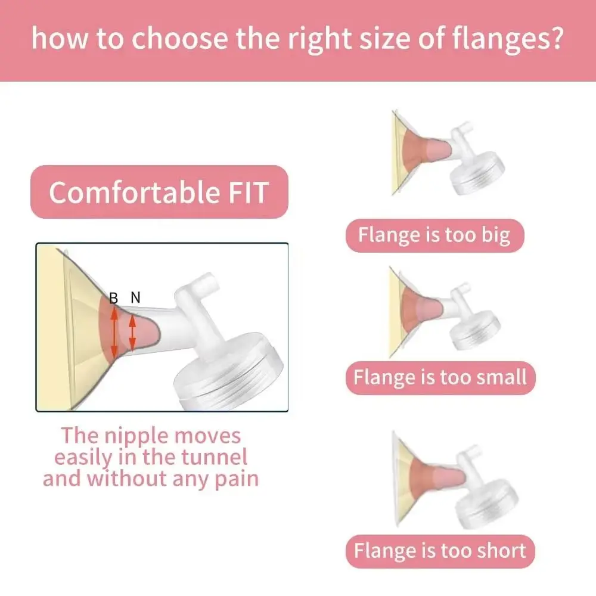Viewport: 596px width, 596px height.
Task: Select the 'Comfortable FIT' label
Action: [x=159, y=192]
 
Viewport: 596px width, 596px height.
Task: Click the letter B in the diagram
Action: [x=113, y=297]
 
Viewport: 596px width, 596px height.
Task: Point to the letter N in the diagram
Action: [x=136, y=297]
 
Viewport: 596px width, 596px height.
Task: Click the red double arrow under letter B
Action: [x=114, y=332]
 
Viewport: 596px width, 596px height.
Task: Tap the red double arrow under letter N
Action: [x=132, y=333]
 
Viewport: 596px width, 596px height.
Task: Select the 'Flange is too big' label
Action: [x=435, y=235]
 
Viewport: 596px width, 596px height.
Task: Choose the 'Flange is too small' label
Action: [x=440, y=378]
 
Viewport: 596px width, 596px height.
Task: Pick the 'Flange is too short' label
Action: [x=440, y=551]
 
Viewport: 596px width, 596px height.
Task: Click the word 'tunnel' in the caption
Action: [x=214, y=457]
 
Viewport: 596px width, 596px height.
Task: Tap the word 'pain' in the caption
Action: [x=237, y=480]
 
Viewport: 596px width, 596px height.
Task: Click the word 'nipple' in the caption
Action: [x=136, y=437]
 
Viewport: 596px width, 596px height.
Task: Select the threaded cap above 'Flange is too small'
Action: [x=475, y=330]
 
